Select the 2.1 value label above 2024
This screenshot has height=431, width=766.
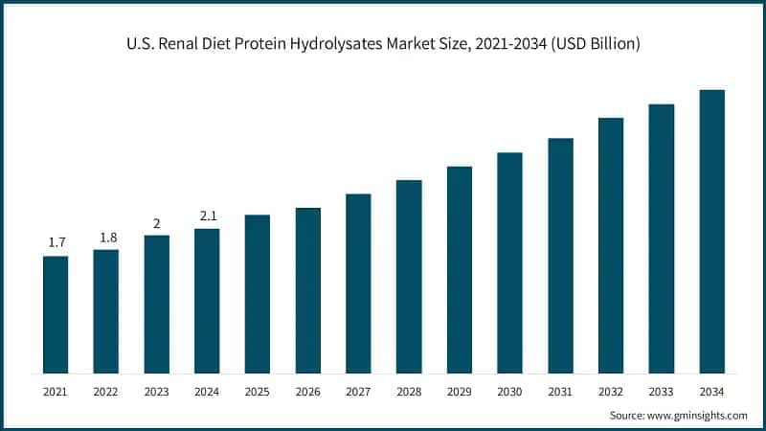207,216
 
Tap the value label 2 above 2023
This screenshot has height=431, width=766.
156,223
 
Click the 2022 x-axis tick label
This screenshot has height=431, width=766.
105,391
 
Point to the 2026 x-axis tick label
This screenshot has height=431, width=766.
307,391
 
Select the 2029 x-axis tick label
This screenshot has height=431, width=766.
459,391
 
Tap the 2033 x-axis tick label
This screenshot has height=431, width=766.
662,391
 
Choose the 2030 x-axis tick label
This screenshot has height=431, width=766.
509,391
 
